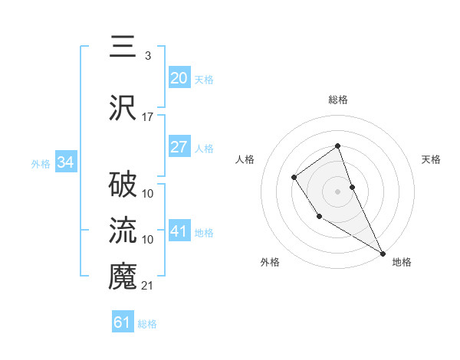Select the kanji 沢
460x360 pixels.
pyautogui.click(x=123, y=108)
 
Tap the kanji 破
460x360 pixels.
pyautogui.click(x=123, y=185)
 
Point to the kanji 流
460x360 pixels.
pyautogui.click(x=123, y=231)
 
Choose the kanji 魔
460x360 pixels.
pyautogui.click(x=123, y=277)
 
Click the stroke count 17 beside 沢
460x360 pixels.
pyautogui.click(x=147, y=117)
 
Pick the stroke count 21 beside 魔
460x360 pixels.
pyautogui.click(x=147, y=286)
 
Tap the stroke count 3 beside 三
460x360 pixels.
pyautogui.click(x=147, y=56)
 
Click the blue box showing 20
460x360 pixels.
pyautogui.click(x=179, y=77)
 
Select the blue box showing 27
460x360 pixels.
pyautogui.click(x=179, y=147)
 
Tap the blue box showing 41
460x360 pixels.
pyautogui.click(x=179, y=231)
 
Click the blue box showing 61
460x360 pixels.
pyautogui.click(x=123, y=322)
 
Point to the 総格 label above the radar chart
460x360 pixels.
pyautogui.click(x=337, y=100)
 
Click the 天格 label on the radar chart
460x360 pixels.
pyautogui.click(x=432, y=159)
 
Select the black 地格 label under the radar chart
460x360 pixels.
pyautogui.click(x=402, y=262)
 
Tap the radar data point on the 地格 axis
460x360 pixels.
pyautogui.click(x=383, y=252)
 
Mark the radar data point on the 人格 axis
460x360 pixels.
pyautogui.click(x=294, y=178)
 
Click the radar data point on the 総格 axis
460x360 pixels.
pyautogui.click(x=337, y=146)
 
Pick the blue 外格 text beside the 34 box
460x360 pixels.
pyautogui.click(x=41, y=163)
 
